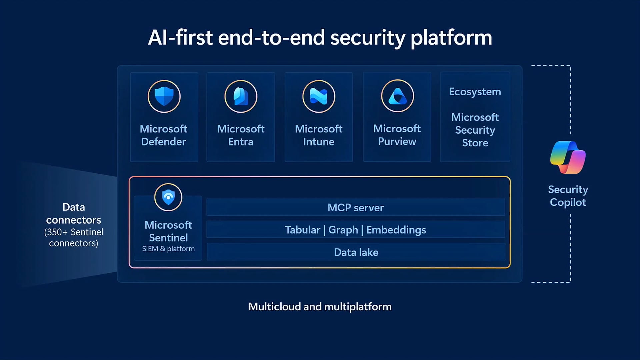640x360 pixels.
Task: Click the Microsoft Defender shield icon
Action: coord(164,97)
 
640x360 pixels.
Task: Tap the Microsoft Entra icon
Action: coord(241,97)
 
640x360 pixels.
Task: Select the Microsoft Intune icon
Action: coord(319,97)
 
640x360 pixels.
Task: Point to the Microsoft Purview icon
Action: coord(397,96)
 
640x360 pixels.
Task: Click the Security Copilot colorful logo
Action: coord(568,157)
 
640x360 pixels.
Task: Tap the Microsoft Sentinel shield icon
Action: coord(168,197)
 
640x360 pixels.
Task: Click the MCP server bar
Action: coord(356,208)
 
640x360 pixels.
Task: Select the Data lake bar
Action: coord(356,252)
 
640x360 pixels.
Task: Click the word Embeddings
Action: coord(396,230)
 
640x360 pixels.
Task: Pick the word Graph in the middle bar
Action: coord(343,230)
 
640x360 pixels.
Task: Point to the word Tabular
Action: coord(302,230)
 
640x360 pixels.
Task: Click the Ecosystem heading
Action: coord(475,92)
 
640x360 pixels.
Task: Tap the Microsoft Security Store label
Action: coord(475,130)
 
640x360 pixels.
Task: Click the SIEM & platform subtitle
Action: coord(168,249)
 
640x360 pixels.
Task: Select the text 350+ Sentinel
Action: coord(74,232)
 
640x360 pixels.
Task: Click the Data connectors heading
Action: coord(74,213)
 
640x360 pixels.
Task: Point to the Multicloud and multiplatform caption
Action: coord(320,307)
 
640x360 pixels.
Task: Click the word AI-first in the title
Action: coord(180,37)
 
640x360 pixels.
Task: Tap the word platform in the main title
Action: coord(451,37)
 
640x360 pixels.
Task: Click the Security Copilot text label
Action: coord(568,196)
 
